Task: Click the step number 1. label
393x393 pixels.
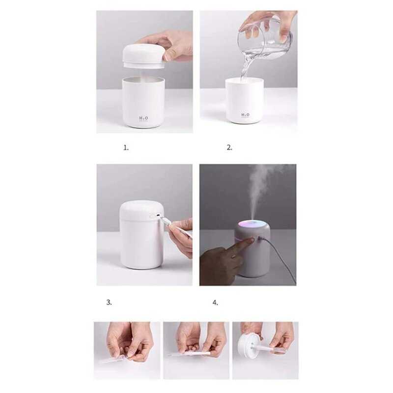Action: coord(126,147)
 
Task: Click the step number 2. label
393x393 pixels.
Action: coord(229,147)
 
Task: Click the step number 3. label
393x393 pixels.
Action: coord(109,302)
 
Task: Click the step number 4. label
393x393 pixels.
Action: coord(215,302)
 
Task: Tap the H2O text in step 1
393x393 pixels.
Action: coord(142,118)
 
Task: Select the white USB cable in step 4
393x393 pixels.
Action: coord(280,260)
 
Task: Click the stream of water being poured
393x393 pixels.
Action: coord(244,64)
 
